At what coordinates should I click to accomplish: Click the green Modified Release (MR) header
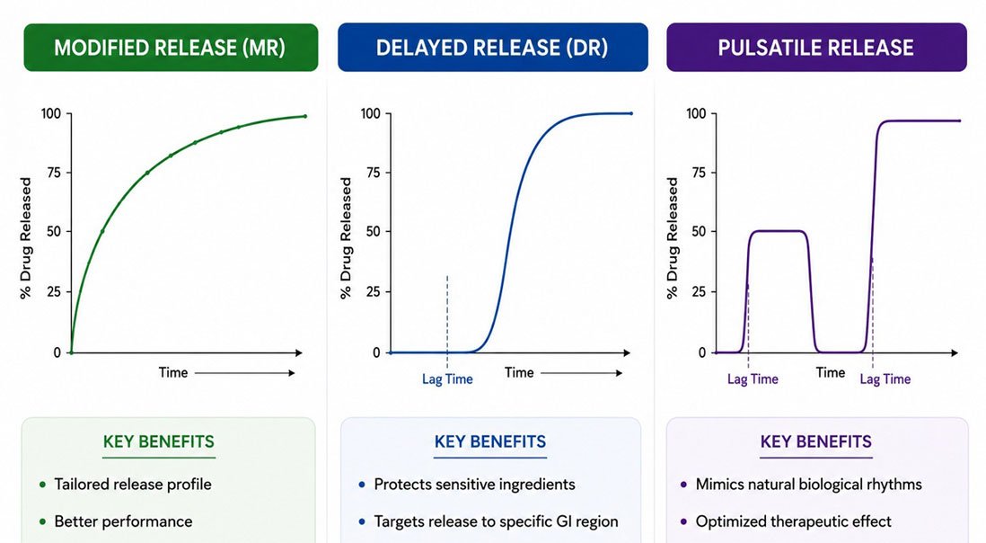click(x=171, y=47)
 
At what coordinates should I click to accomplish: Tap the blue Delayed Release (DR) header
click(x=492, y=47)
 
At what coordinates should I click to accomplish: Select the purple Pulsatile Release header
click(x=816, y=47)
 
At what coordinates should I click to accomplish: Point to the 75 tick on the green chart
click(x=54, y=173)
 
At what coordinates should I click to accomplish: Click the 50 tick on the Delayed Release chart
click(x=374, y=232)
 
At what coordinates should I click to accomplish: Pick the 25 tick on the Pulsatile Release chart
click(x=699, y=292)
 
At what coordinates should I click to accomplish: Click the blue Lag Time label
click(x=447, y=379)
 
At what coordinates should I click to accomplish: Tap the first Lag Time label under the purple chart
click(x=753, y=379)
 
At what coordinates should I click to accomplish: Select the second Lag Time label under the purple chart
click(x=885, y=379)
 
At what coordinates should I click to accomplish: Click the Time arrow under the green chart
click(x=244, y=373)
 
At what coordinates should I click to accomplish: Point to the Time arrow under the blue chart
click(x=582, y=373)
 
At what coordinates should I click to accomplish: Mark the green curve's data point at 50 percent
click(x=102, y=232)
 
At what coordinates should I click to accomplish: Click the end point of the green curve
click(x=305, y=116)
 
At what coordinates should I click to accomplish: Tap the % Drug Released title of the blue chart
click(x=346, y=238)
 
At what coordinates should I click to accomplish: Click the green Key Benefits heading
click(x=158, y=441)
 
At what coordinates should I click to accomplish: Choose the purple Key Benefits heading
click(x=816, y=441)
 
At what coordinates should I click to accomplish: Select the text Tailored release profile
click(x=133, y=485)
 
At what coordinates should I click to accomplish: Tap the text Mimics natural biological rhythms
click(x=809, y=485)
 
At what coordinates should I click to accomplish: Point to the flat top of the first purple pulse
click(x=778, y=232)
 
